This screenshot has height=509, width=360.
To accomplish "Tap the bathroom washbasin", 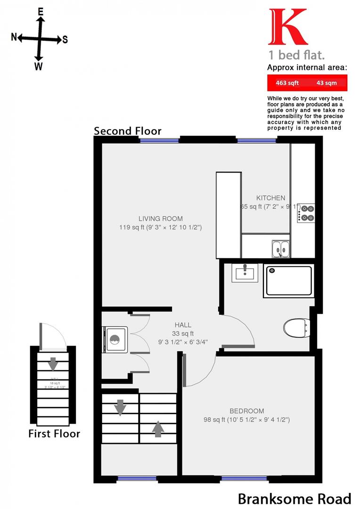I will pyautogui.click(x=245, y=273).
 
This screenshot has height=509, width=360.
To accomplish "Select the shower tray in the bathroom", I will pyautogui.click(x=289, y=281).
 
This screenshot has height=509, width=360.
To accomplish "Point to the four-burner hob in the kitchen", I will pyautogui.click(x=307, y=213).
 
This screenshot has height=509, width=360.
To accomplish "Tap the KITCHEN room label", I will pyautogui.click(x=270, y=198).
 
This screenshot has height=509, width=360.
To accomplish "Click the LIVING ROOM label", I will pyautogui.click(x=160, y=219).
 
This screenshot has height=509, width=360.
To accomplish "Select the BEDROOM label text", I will pyautogui.click(x=247, y=411).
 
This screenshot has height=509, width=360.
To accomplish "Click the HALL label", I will pyautogui.click(x=183, y=325).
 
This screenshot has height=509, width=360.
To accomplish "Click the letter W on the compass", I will pyautogui.click(x=39, y=66).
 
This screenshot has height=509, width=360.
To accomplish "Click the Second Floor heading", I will pyautogui.click(x=127, y=131).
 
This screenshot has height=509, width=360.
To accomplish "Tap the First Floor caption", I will pyautogui.click(x=54, y=434).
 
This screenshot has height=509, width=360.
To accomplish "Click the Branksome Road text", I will pyautogui.click(x=294, y=499).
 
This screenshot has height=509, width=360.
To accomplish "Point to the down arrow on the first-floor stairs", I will pyautogui.click(x=53, y=363).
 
